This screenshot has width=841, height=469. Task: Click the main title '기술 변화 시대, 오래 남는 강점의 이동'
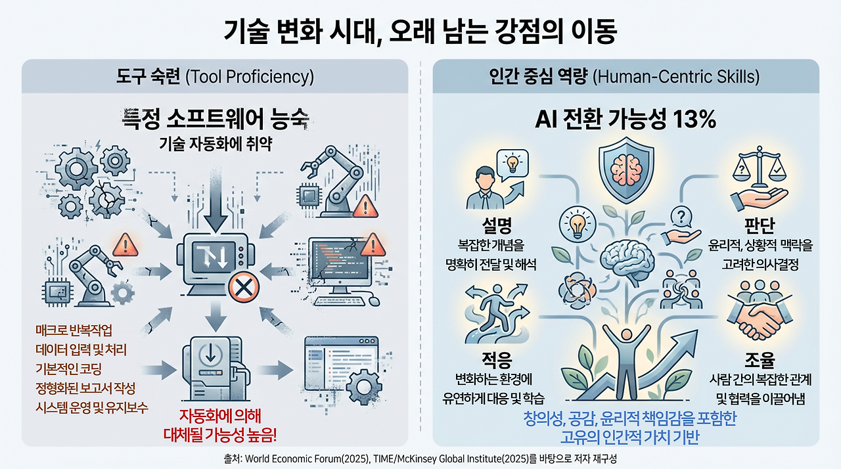(420, 32)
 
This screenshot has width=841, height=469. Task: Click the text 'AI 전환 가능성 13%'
(625, 120)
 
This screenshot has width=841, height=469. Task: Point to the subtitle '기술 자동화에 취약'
(216, 143)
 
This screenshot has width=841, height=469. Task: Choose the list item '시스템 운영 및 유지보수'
(92, 407)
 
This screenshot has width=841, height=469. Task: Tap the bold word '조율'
(760, 359)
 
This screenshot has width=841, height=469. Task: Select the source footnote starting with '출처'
(420, 458)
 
